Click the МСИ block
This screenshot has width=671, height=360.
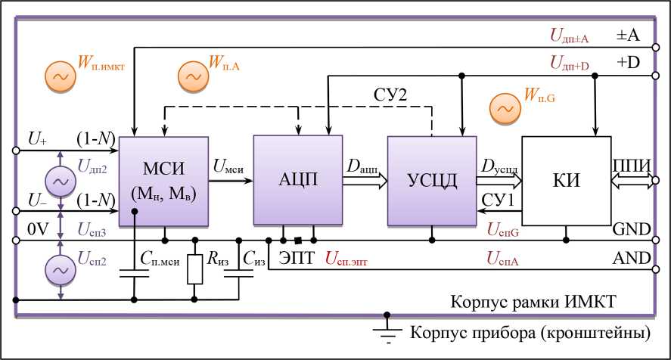(x=164, y=181)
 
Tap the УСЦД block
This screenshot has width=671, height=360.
(x=431, y=181)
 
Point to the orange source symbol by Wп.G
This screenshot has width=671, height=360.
(x=502, y=109)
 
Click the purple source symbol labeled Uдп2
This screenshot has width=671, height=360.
(x=59, y=180)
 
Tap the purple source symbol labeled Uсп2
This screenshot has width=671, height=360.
(x=59, y=268)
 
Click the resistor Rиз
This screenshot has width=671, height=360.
(x=195, y=269)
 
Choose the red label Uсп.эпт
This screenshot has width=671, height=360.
(x=353, y=258)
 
